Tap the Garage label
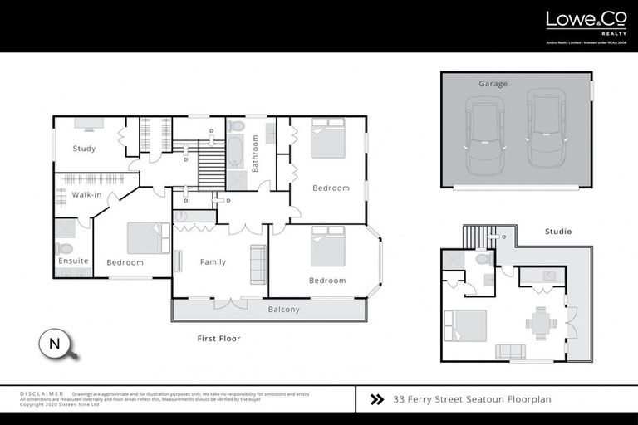coord(493,84)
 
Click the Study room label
coord(84,149)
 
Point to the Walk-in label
coord(86,194)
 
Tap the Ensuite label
coord(73,261)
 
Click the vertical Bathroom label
coord(256,153)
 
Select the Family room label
coord(213,262)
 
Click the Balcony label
coord(283,310)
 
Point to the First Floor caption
coord(218,339)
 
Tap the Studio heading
coord(557,232)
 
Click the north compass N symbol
coord(55,343)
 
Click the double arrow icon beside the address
coord(376,399)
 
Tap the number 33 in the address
coord(400,399)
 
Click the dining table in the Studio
coord(542,322)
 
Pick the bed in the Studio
coord(465,325)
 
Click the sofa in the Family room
coord(258,265)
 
